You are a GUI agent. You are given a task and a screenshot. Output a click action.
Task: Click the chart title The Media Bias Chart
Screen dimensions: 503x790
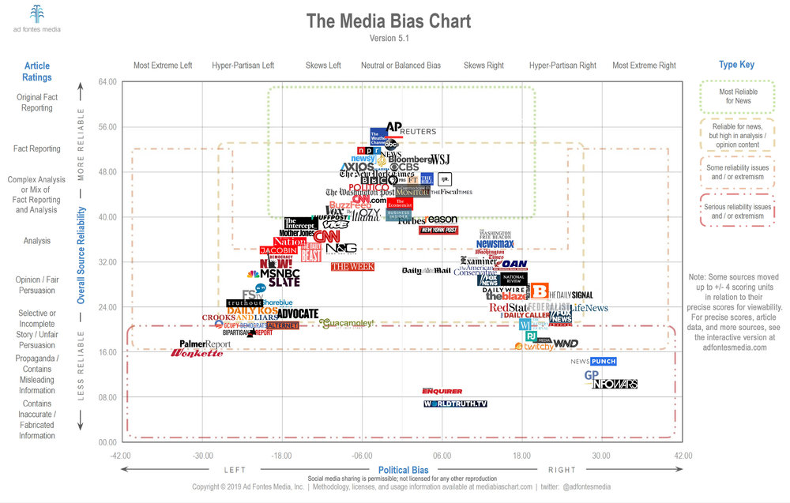coord(389,21)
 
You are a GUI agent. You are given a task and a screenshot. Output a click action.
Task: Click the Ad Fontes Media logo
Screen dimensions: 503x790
coord(37,18)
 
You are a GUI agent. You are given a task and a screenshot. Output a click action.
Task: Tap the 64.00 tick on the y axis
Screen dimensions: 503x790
coord(106,81)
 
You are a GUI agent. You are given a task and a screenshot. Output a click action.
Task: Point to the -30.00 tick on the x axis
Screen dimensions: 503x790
coord(203,456)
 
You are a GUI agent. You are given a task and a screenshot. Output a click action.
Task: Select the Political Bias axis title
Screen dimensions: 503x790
coord(404,470)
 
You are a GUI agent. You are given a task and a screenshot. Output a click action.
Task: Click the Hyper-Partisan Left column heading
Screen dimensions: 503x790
coord(243,66)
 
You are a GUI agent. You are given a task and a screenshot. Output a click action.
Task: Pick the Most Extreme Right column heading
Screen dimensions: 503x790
coord(644,66)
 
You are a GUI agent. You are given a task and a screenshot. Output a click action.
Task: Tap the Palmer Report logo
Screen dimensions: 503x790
coord(205,344)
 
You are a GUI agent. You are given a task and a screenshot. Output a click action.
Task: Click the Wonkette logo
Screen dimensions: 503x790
coord(197,353)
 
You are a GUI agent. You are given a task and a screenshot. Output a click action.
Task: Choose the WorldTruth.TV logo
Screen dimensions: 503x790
coord(455,404)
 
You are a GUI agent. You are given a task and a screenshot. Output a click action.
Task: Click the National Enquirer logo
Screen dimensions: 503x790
coord(442,390)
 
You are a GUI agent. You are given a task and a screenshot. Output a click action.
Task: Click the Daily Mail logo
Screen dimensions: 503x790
coord(426,271)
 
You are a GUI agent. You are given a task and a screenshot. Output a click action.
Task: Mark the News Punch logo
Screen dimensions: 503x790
coord(592,362)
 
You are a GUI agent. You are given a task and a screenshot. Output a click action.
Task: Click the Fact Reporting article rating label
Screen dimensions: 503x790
coord(36,148)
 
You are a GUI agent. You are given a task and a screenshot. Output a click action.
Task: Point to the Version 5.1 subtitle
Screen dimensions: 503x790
coord(389,38)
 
